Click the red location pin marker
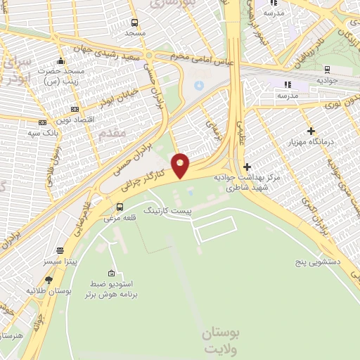point(181,165)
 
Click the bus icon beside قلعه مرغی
point(120,207)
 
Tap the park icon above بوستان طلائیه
point(48,280)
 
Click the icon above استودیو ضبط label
point(110,273)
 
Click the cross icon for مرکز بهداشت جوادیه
point(246,167)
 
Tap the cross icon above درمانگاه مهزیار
point(310,131)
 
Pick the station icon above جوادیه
point(327,69)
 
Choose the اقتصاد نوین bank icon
point(75,110)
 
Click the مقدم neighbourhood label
point(112,132)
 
